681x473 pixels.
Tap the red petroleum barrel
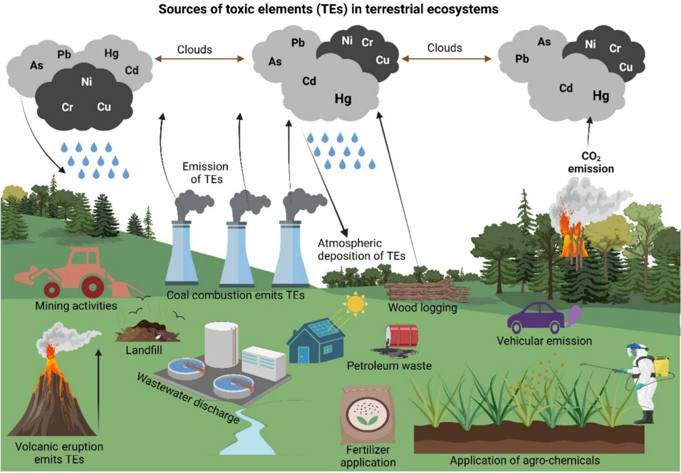pos(404,336)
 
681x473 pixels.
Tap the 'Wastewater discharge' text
pos(187,399)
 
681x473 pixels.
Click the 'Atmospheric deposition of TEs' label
pos(361,250)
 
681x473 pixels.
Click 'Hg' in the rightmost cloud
pos(601,96)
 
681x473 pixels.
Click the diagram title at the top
pos(340,9)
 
